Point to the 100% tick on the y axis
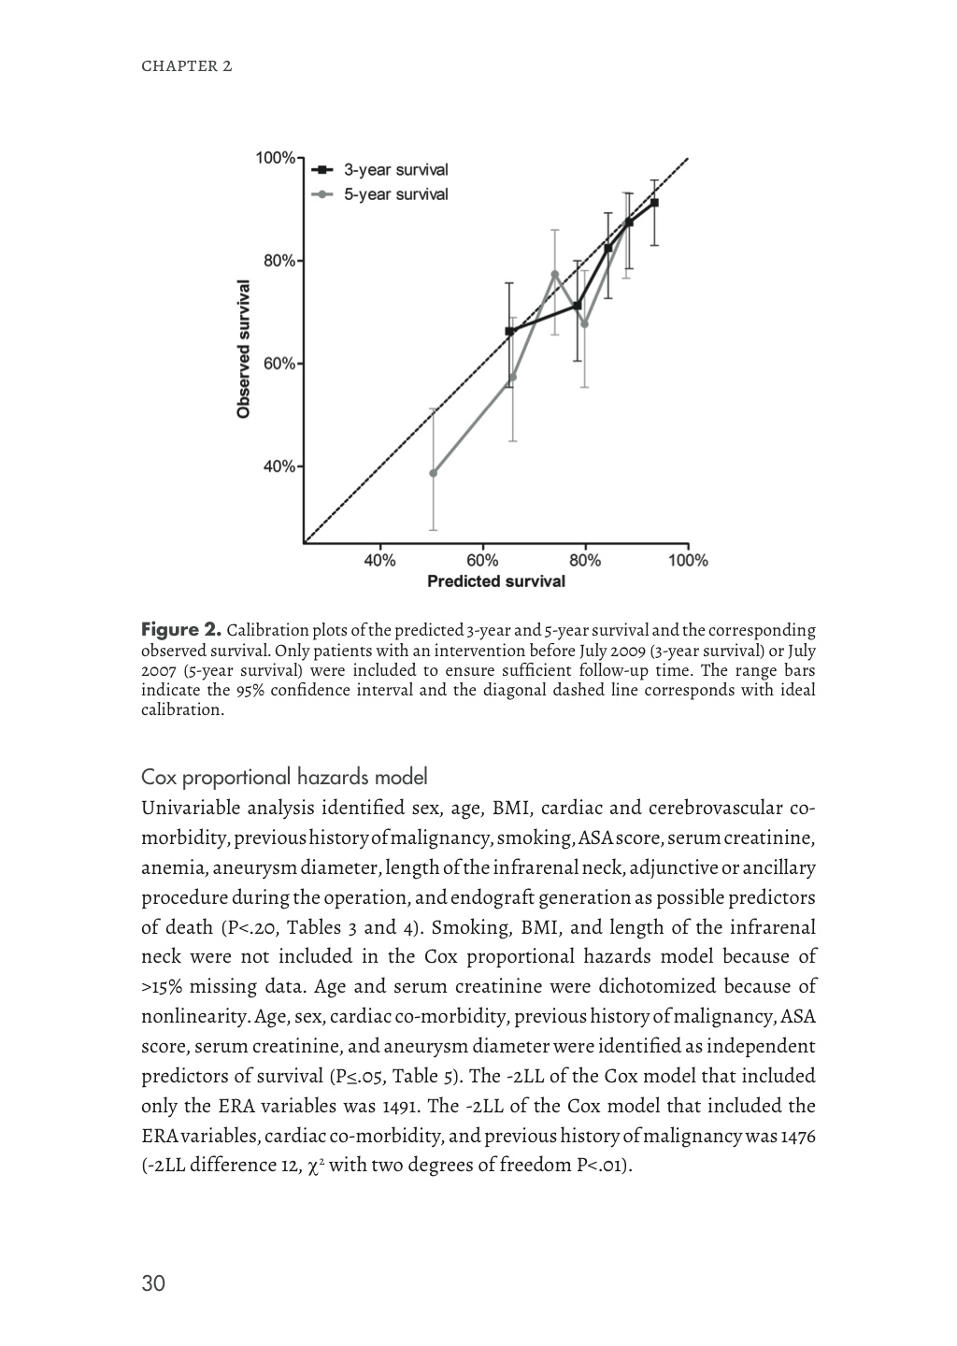276,157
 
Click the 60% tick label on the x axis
482,561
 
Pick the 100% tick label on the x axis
688,561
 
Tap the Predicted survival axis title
496,582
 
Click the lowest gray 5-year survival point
433,473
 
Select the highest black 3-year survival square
654,203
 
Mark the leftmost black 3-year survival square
509,331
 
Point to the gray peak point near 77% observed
555,274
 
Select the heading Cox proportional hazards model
284,777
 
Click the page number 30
153,1283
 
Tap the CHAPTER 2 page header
186,66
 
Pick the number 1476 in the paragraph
796,1136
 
